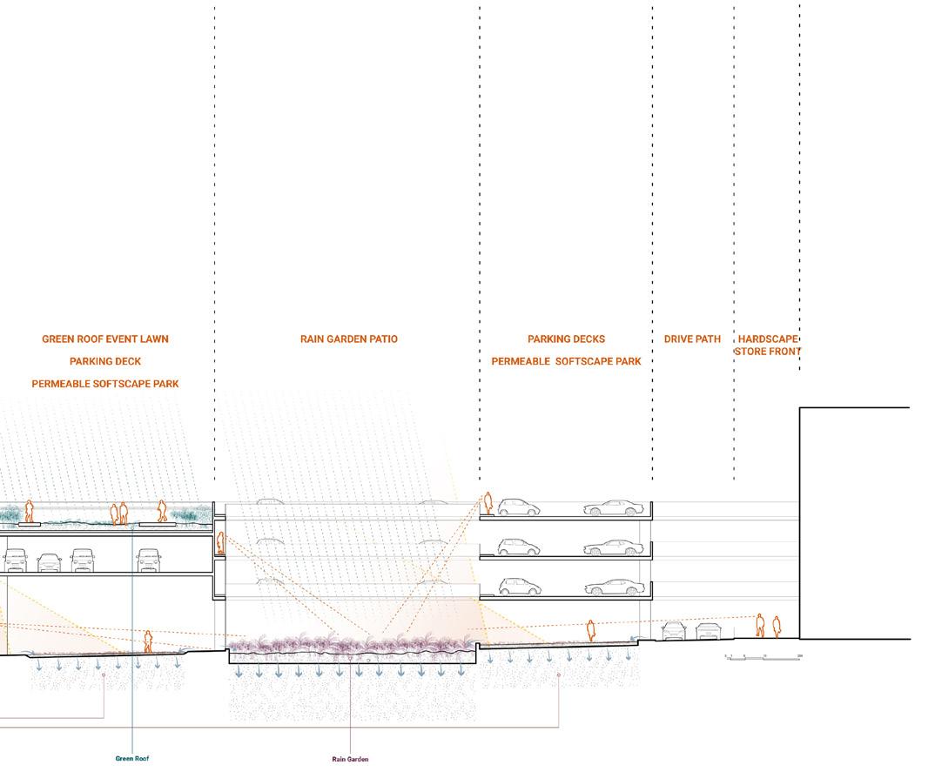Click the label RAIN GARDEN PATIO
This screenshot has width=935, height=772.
[x=348, y=339]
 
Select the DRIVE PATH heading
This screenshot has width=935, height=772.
[x=692, y=339]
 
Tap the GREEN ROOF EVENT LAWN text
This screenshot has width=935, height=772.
[x=105, y=339]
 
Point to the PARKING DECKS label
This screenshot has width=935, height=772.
[x=566, y=339]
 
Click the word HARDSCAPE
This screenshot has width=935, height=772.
[x=767, y=339]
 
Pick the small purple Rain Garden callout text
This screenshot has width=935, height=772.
[x=350, y=759]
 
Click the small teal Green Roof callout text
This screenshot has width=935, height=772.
[x=132, y=758]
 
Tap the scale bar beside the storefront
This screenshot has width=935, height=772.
[x=763, y=656]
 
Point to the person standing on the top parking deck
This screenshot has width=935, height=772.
[x=488, y=504]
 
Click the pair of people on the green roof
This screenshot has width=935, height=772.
[x=118, y=514]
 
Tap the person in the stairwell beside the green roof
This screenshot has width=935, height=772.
[x=221, y=543]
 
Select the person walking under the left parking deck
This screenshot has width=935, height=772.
[x=148, y=641]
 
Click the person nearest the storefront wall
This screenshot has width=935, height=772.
[x=777, y=627]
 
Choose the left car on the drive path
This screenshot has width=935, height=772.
[x=674, y=629]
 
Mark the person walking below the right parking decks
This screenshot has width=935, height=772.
[x=591, y=630]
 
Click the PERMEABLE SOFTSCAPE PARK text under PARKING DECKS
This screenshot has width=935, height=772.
[x=566, y=361]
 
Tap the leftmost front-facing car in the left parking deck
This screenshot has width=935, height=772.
[x=17, y=559]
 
